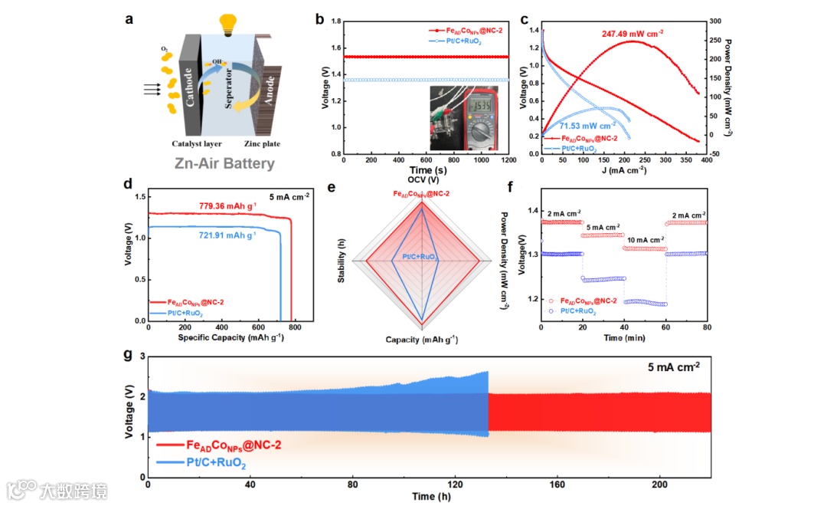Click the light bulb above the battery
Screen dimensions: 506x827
[228, 23]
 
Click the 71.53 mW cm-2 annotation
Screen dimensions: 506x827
[587, 125]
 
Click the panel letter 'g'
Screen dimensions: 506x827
[128, 355]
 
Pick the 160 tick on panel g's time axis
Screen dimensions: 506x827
[557, 485]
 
